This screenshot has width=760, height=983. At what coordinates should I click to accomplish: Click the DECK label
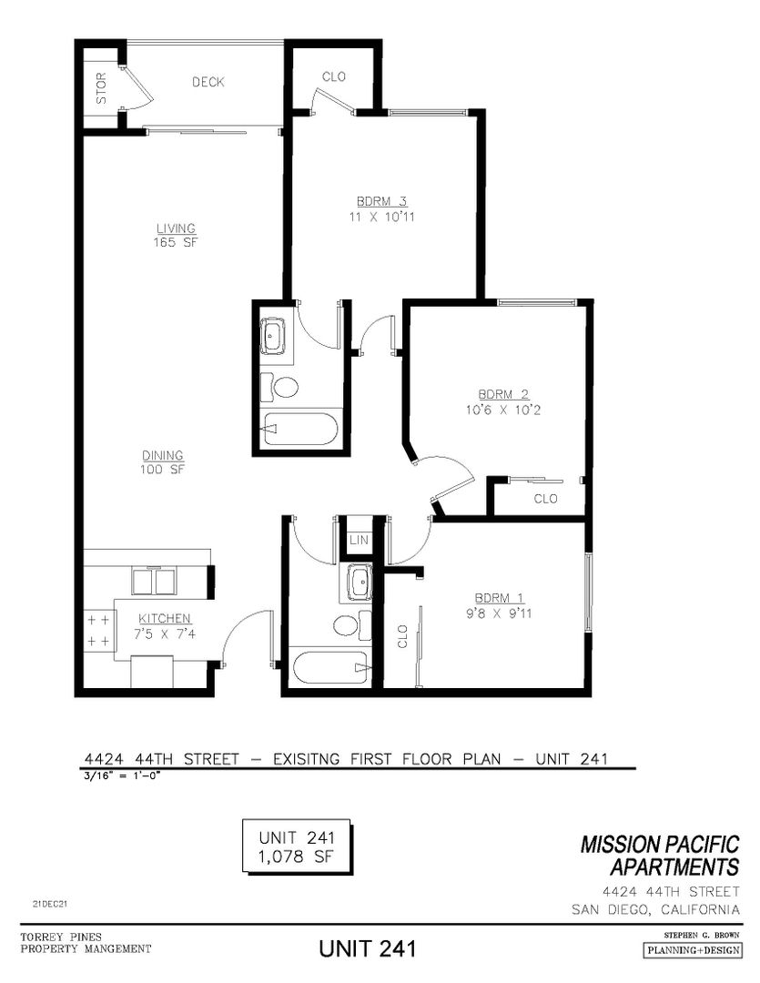(208, 82)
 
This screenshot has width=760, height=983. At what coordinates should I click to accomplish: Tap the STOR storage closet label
(101, 87)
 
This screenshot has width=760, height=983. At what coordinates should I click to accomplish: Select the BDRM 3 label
(381, 201)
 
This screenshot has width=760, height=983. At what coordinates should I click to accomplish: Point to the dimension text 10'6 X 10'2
(502, 410)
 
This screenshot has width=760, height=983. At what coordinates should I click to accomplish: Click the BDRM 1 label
(499, 598)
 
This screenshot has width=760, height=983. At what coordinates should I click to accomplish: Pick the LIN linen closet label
(359, 540)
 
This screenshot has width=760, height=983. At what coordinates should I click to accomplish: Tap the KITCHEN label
(165, 618)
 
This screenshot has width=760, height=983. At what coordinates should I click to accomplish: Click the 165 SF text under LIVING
(176, 242)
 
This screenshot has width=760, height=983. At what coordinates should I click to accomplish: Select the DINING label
(162, 455)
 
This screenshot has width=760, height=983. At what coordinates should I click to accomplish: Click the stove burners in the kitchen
(98, 631)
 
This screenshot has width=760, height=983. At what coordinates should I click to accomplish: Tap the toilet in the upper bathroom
(279, 388)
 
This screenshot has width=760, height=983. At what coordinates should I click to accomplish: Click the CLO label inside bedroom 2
(545, 499)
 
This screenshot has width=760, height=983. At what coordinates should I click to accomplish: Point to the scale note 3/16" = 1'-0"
(123, 775)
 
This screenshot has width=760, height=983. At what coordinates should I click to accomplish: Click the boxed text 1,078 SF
(296, 856)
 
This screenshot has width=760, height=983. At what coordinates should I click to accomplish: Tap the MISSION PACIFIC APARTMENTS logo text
(660, 856)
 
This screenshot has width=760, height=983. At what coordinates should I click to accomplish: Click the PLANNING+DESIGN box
(693, 950)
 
